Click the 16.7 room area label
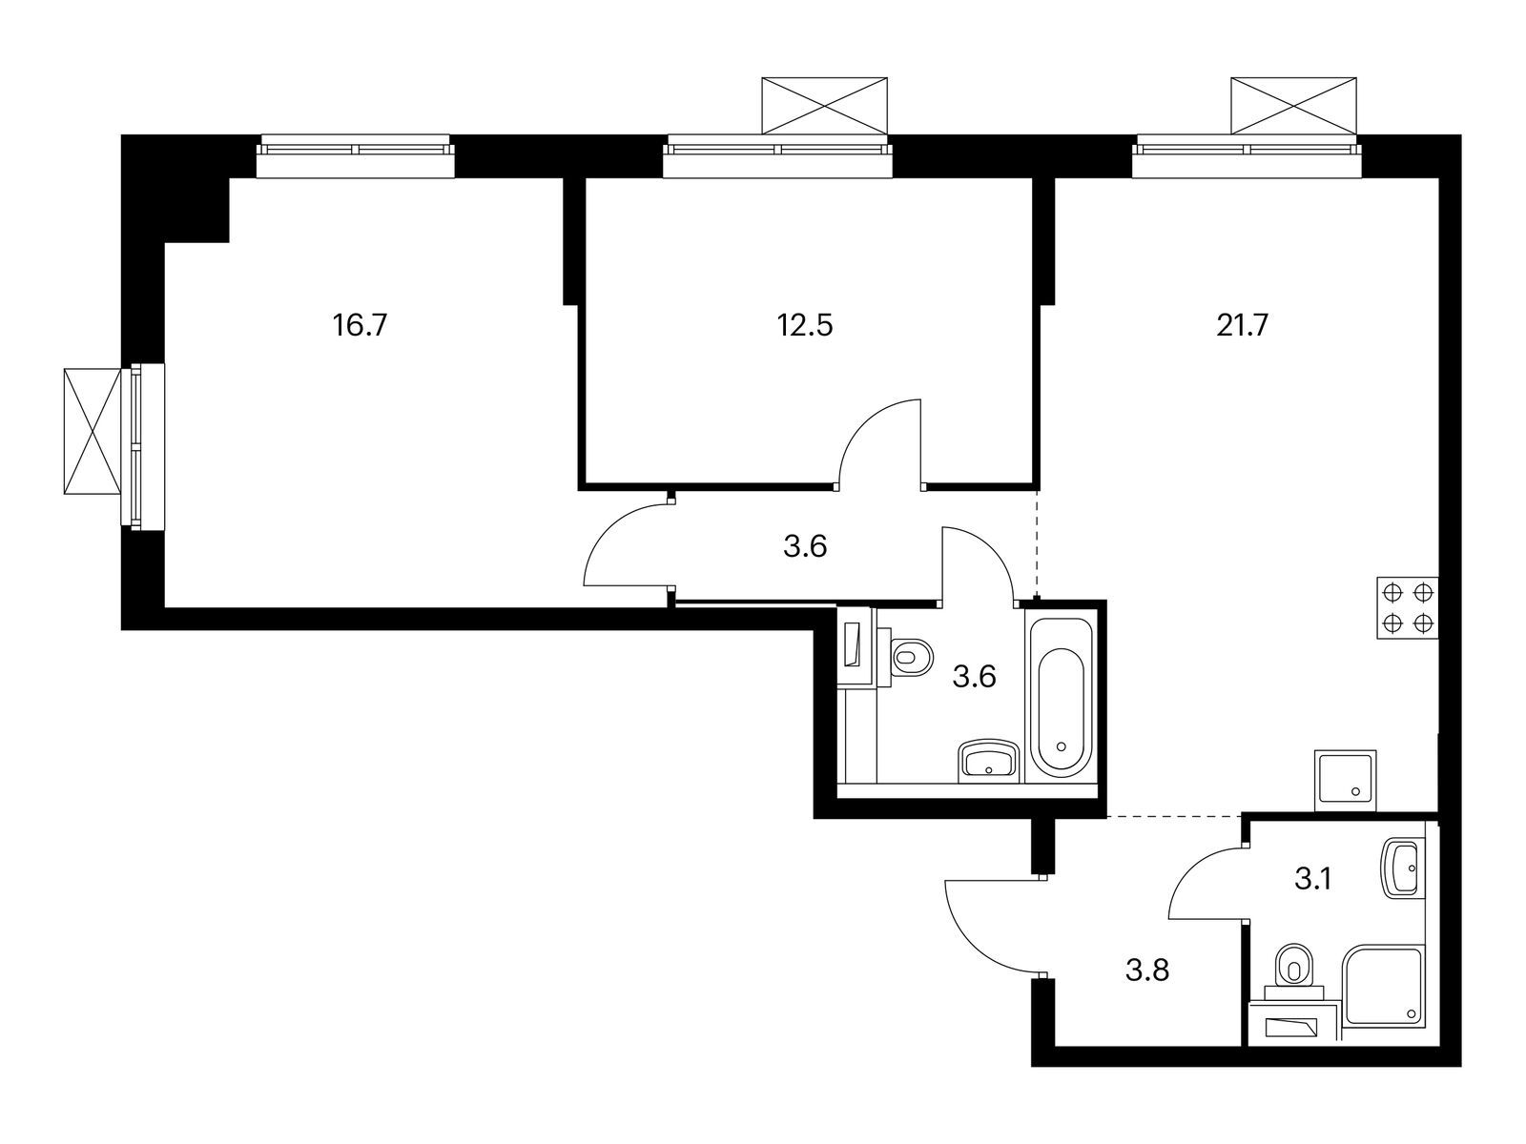coord(360,326)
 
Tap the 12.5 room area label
coord(804,326)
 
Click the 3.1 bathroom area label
coord(1312,879)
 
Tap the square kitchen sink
coord(1346,781)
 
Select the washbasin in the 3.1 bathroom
coord(1400,868)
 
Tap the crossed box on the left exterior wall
coord(93,431)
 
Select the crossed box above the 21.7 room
coord(1292,106)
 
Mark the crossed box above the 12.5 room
coord(825,106)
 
